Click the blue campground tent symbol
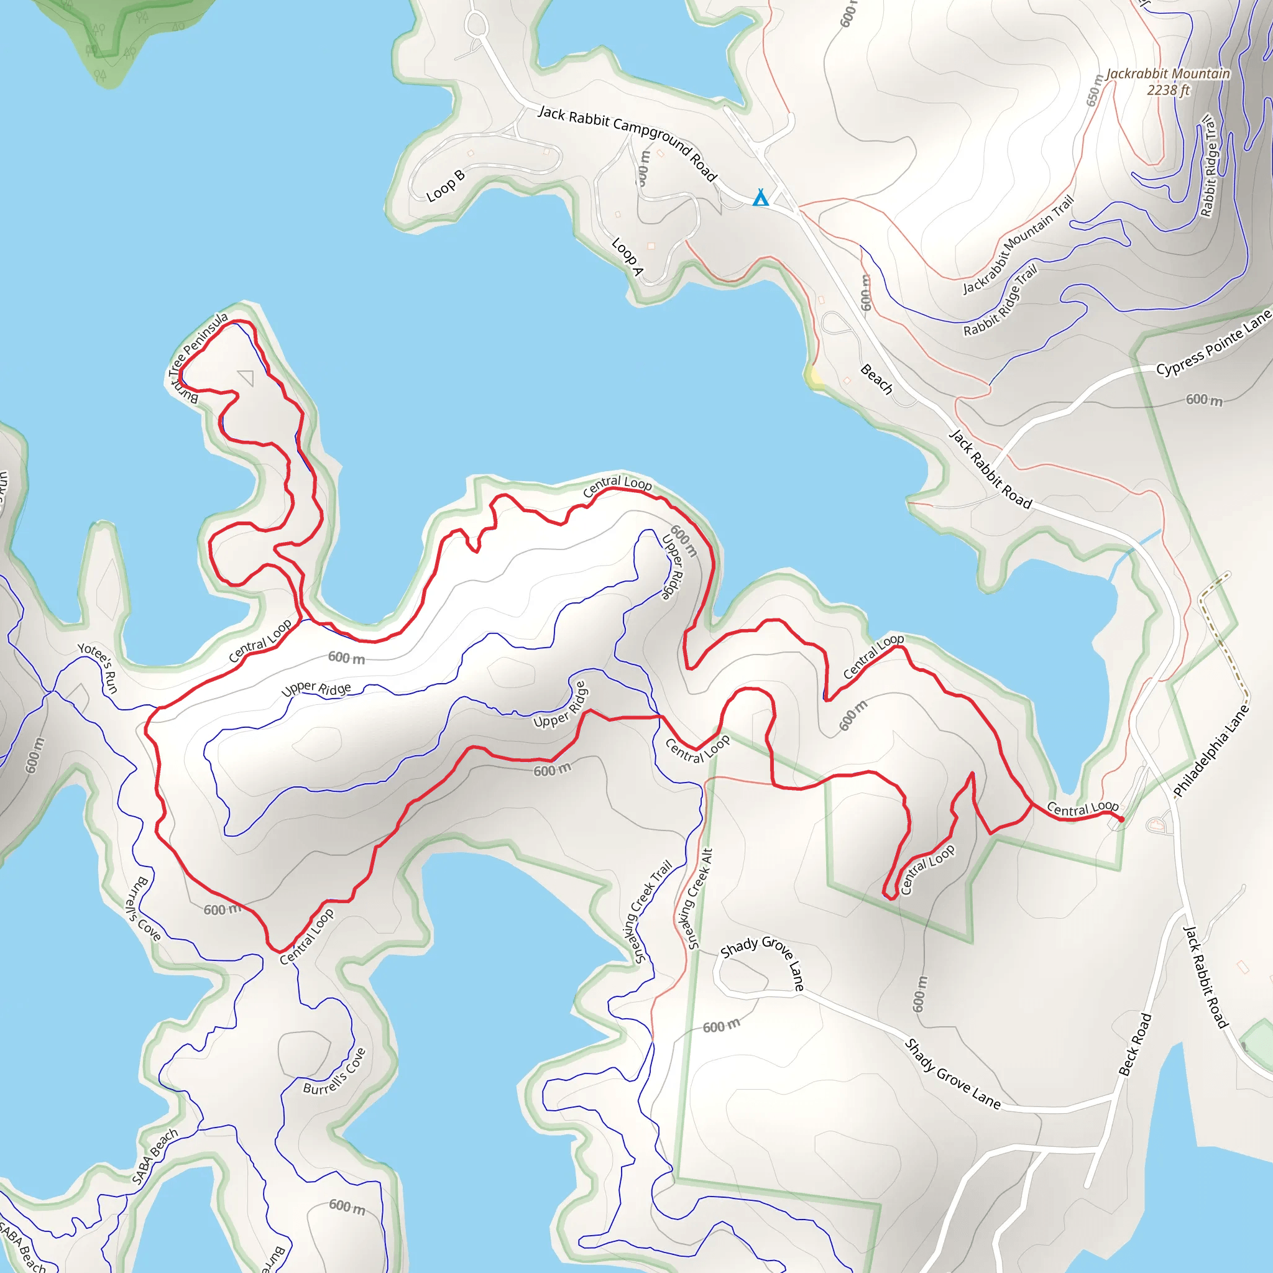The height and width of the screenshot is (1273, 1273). pyautogui.click(x=760, y=197)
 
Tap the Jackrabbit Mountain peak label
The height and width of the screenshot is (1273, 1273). pyautogui.click(x=1167, y=74)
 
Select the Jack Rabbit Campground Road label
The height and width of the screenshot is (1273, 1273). pyautogui.click(x=627, y=142)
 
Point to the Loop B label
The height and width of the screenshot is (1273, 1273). pyautogui.click(x=446, y=185)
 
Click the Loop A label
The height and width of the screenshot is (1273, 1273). pyautogui.click(x=627, y=256)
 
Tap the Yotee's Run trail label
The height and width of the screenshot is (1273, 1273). pyautogui.click(x=98, y=668)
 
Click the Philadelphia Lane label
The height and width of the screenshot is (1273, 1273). pyautogui.click(x=1211, y=750)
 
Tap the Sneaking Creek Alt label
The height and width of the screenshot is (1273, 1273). pyautogui.click(x=699, y=899)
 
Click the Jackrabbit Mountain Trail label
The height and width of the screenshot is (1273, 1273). pyautogui.click(x=1018, y=245)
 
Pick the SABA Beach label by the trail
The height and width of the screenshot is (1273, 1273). pyautogui.click(x=154, y=1156)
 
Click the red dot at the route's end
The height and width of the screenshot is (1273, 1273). pyautogui.click(x=1121, y=819)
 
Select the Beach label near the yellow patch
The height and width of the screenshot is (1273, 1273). pyautogui.click(x=876, y=380)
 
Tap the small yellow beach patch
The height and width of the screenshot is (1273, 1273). pyautogui.click(x=815, y=376)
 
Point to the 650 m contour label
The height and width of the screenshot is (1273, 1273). pyautogui.click(x=1094, y=91)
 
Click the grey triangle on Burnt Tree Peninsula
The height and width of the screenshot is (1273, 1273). pyautogui.click(x=246, y=377)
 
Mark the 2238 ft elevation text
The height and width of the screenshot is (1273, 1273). pyautogui.click(x=1168, y=90)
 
